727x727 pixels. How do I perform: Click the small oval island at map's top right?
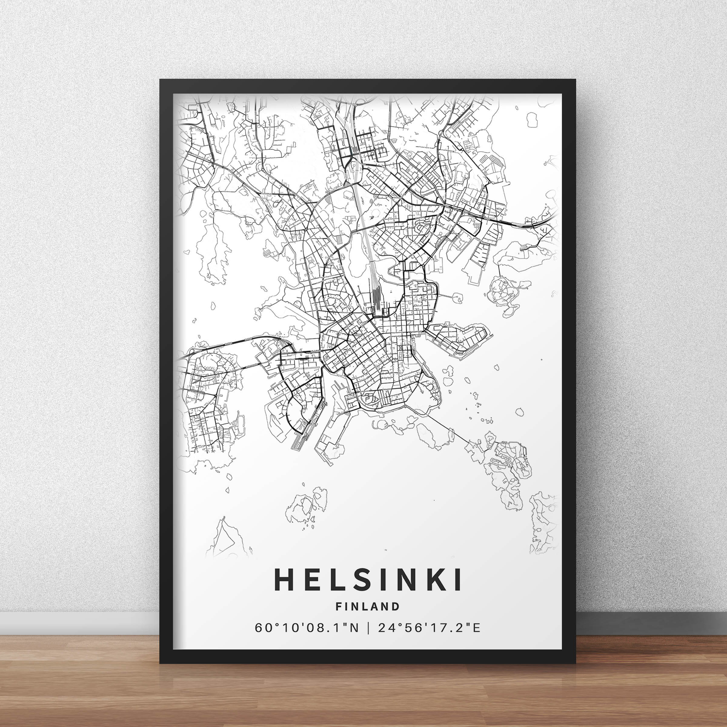532,120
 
